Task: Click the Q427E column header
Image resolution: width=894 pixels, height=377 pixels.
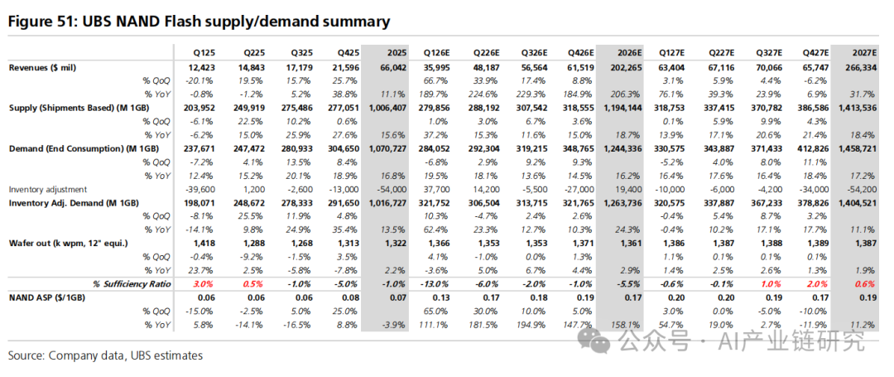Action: pyautogui.click(x=809, y=52)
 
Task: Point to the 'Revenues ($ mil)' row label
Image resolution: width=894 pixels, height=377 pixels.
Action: pyautogui.click(x=54, y=67)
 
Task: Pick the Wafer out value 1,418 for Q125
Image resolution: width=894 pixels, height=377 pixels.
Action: pyautogui.click(x=200, y=243)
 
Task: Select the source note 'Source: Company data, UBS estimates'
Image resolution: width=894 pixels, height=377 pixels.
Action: pyautogui.click(x=105, y=355)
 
